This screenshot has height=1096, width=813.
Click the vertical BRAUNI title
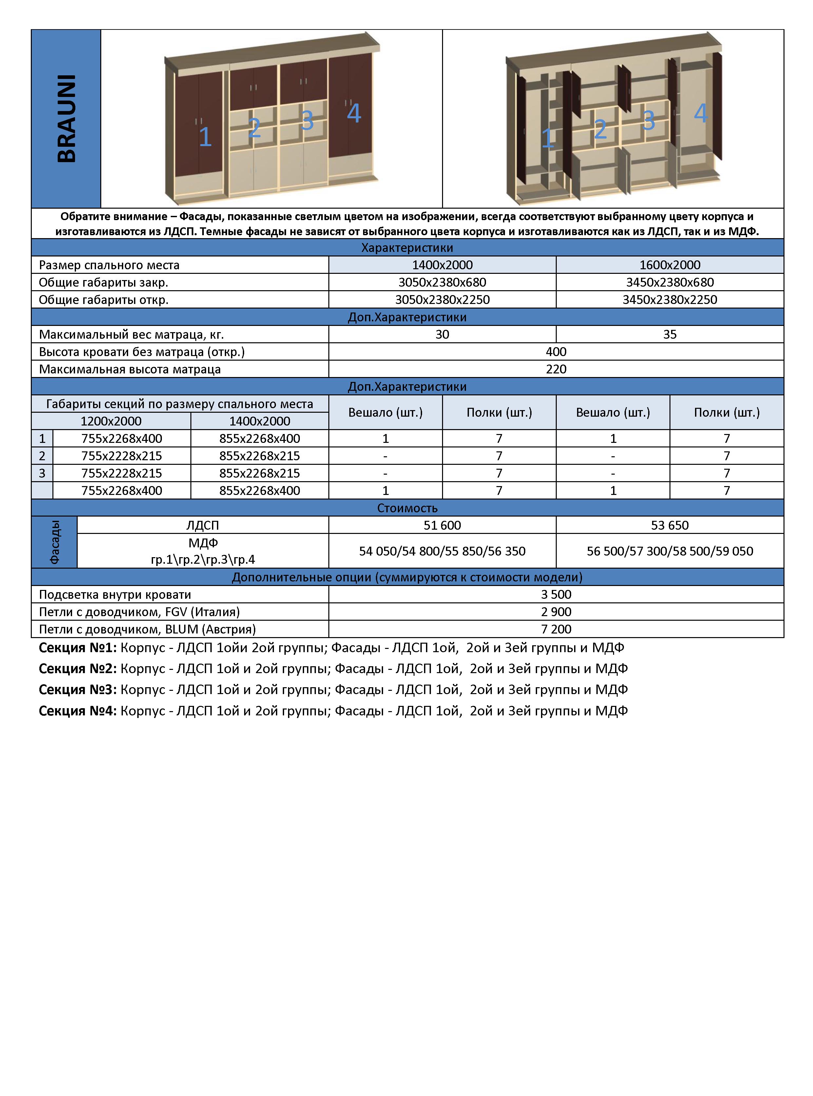[x=67, y=119]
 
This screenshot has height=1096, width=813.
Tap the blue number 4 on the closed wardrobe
[x=354, y=114]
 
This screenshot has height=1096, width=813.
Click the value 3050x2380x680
[x=442, y=282]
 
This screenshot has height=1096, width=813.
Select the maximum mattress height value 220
[x=556, y=369]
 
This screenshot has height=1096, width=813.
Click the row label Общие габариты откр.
[x=104, y=300]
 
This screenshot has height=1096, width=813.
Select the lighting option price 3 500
[x=556, y=594]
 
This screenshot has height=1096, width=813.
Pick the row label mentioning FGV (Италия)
[x=139, y=612]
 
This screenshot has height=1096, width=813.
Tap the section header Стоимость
[x=407, y=508]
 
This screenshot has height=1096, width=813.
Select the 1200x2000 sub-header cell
[x=111, y=421]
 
